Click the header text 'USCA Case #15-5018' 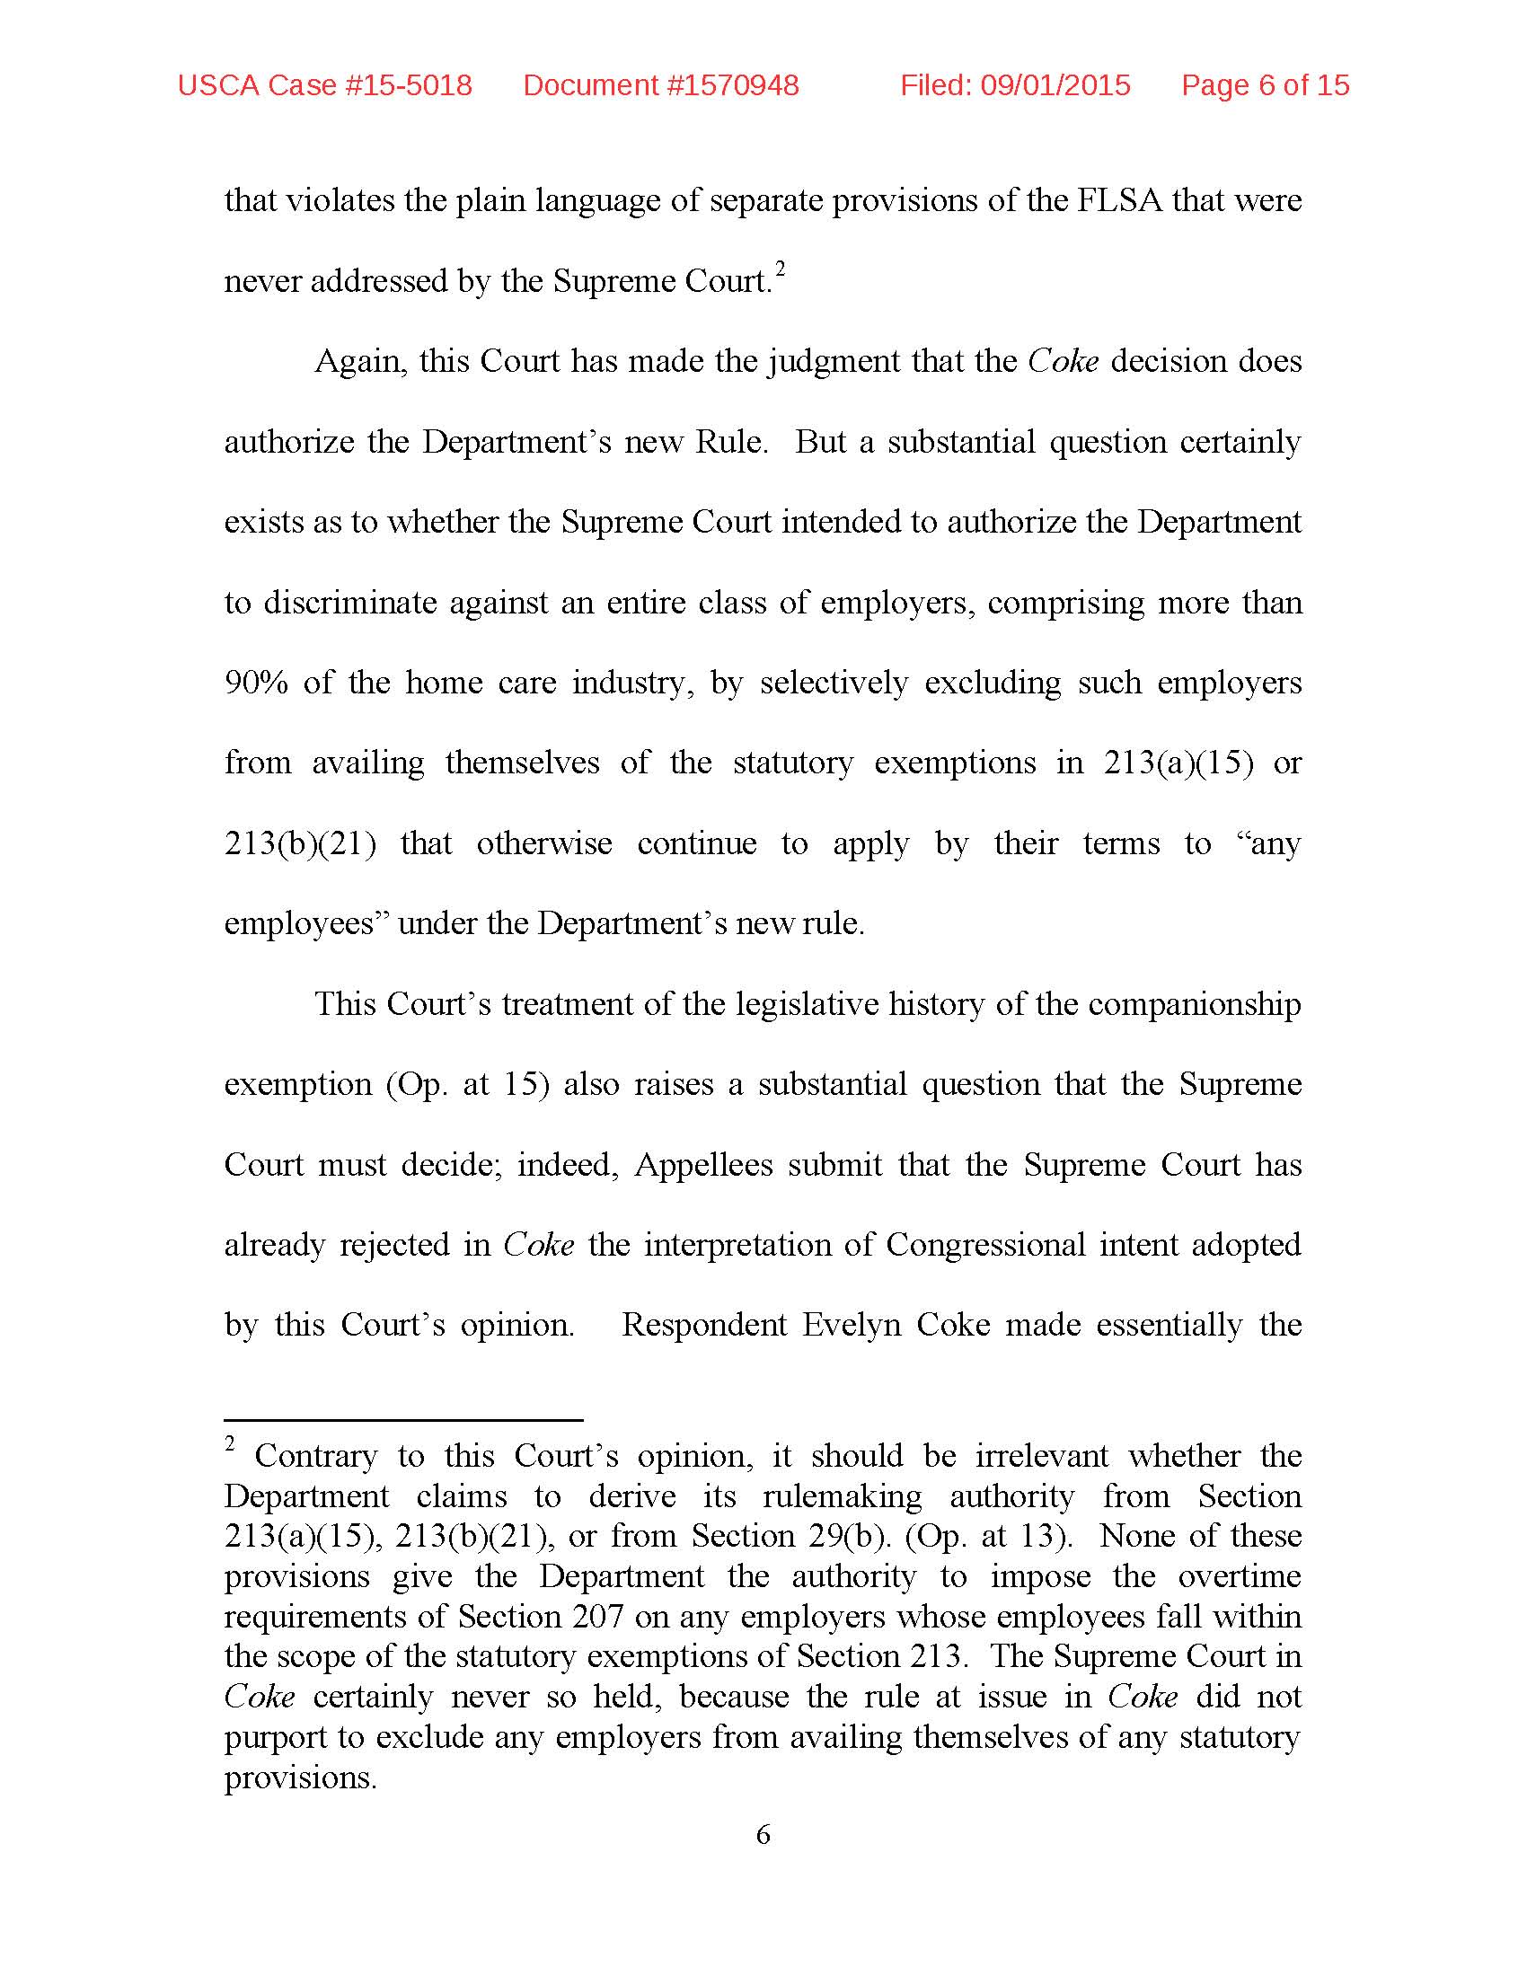325,85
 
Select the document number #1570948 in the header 661,85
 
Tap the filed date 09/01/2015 1055,85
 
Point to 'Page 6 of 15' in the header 1265,85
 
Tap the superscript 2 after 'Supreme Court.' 780,269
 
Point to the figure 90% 256,683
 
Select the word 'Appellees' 703,1164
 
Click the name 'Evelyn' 852,1325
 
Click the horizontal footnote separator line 403,1419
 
